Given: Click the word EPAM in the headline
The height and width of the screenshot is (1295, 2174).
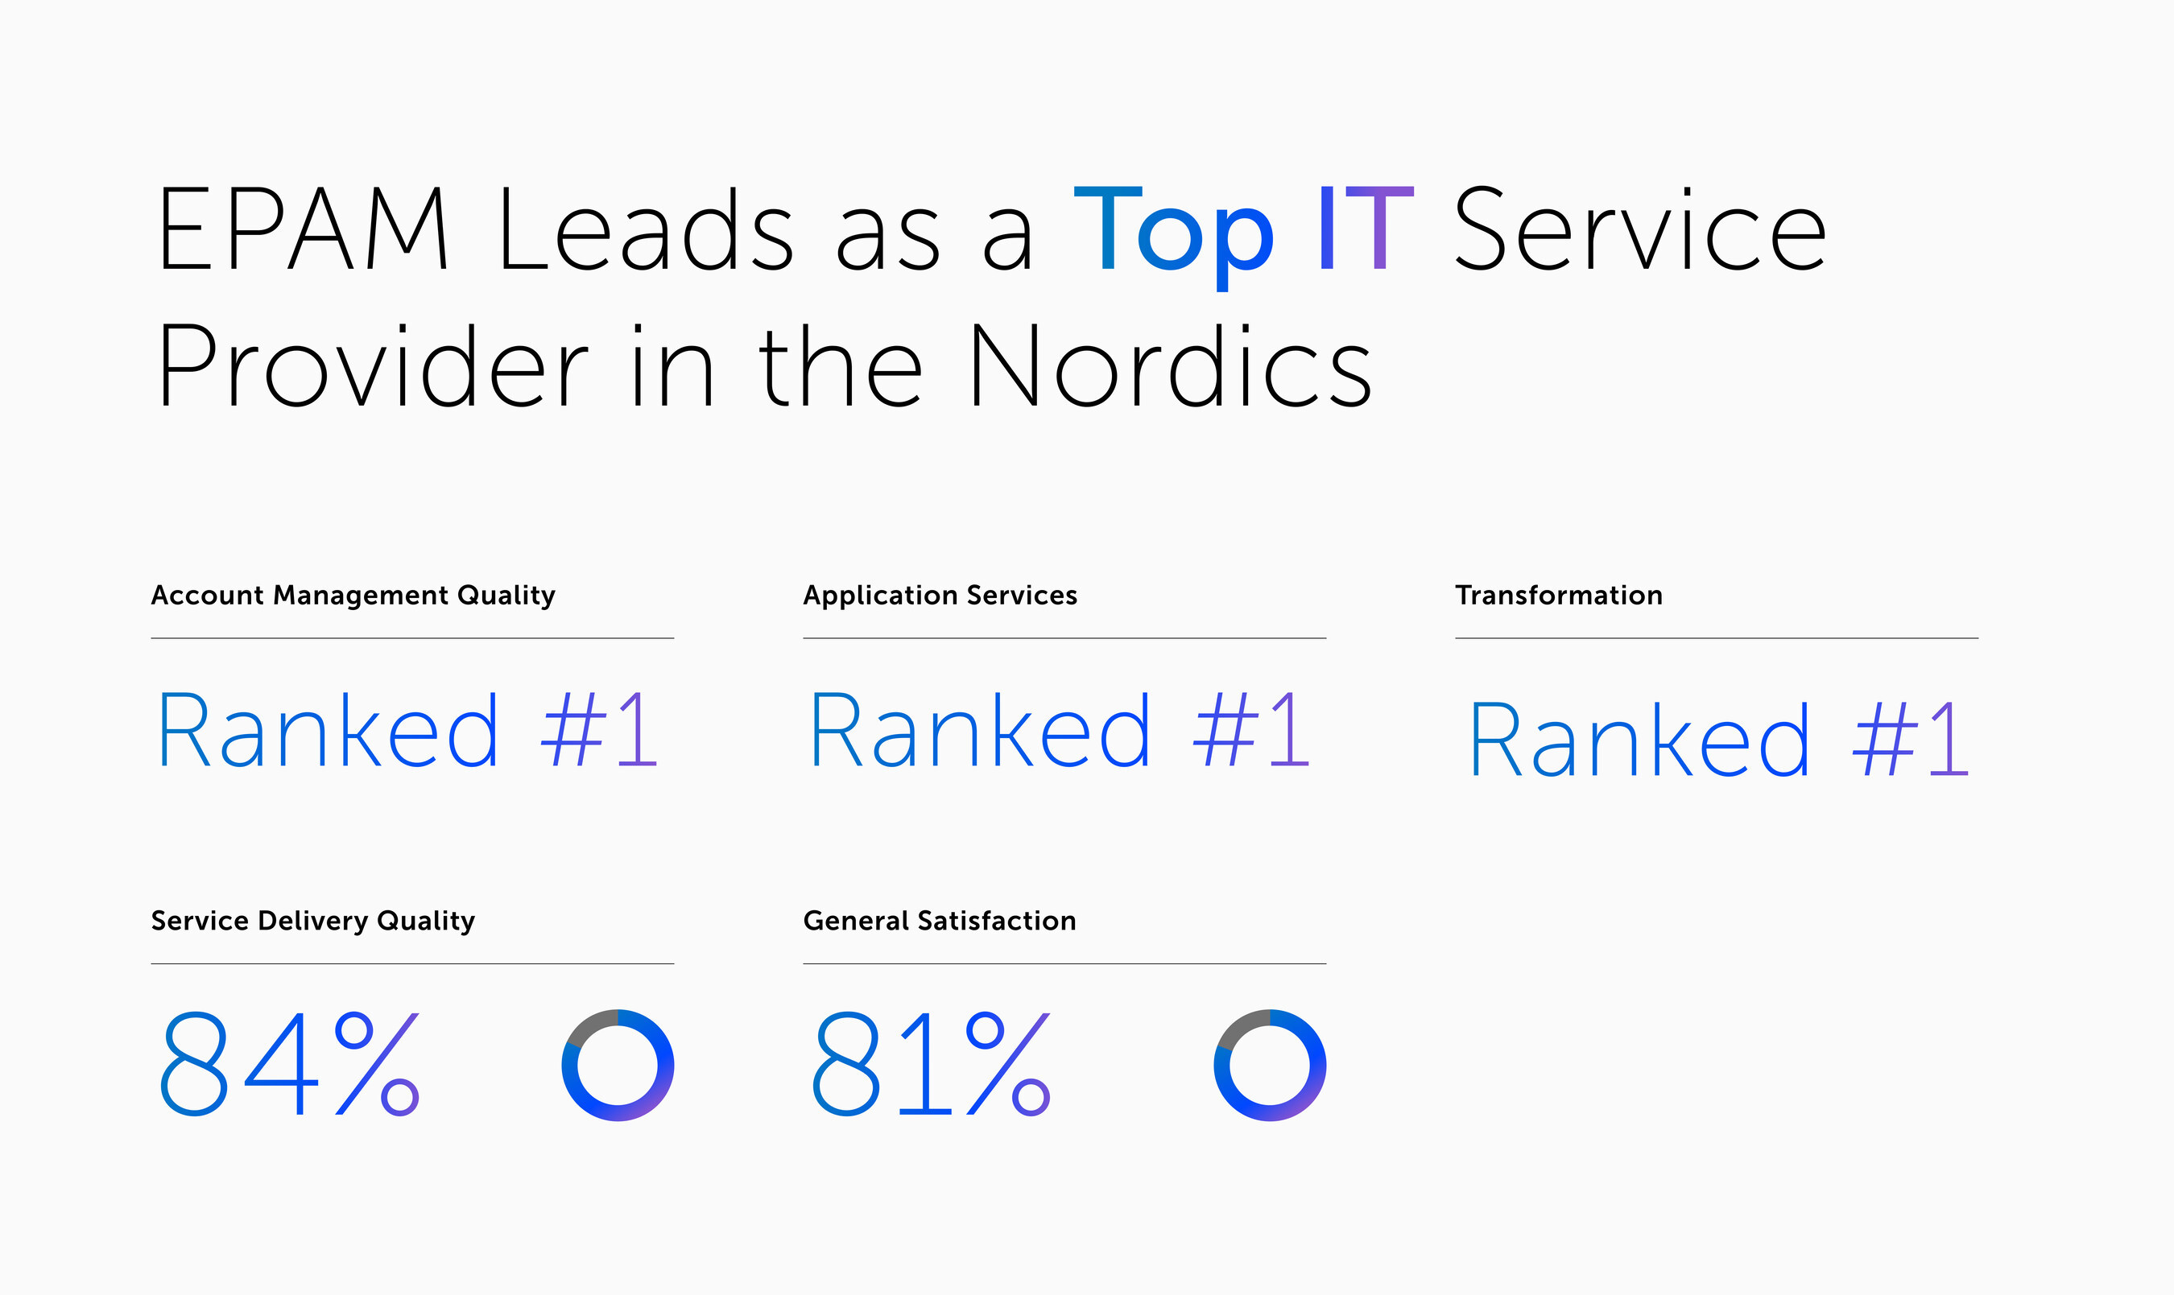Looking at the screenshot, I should pos(302,229).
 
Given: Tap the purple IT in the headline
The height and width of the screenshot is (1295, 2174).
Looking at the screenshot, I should pos(1365,229).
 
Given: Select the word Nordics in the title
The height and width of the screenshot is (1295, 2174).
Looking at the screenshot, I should pos(1169,366).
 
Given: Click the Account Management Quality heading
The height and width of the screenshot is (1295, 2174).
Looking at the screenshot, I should pos(353,595).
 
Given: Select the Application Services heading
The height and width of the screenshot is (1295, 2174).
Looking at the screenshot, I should pos(940,595).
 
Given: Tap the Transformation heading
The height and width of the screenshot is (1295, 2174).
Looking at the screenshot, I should pos(1559,595).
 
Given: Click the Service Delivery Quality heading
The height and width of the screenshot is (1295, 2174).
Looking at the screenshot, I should pos(312,921).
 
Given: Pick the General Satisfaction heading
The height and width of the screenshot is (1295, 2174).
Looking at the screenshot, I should pos(939,921).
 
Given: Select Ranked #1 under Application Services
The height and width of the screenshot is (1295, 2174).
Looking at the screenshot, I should pos(1060,731).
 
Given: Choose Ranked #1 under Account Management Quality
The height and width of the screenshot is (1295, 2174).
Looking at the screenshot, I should pos(407,731).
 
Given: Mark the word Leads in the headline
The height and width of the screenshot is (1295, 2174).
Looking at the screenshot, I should pos(645,229).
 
